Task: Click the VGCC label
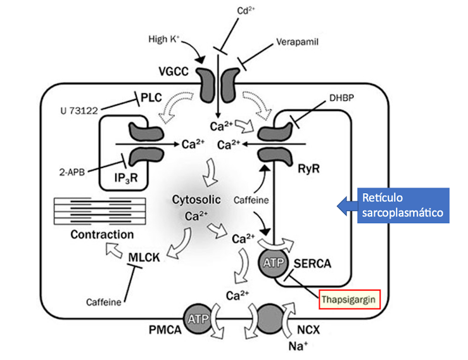click(x=174, y=72)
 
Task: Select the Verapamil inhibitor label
click(x=297, y=42)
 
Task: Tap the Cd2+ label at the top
click(x=246, y=11)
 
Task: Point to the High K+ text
click(x=164, y=39)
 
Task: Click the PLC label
click(x=151, y=98)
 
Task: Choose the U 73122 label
click(x=79, y=111)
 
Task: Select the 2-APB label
click(x=72, y=172)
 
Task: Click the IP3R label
click(x=126, y=178)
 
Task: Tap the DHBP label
click(x=342, y=98)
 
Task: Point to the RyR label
click(x=308, y=169)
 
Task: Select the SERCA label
click(x=312, y=264)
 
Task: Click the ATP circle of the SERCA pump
click(x=274, y=263)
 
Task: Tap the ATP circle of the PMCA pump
click(x=198, y=319)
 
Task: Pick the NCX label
click(x=308, y=330)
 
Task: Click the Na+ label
click(x=298, y=346)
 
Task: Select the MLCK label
click(x=144, y=257)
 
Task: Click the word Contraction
click(x=102, y=235)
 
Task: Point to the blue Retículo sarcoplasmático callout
click(x=393, y=205)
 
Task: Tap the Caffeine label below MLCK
click(x=104, y=302)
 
